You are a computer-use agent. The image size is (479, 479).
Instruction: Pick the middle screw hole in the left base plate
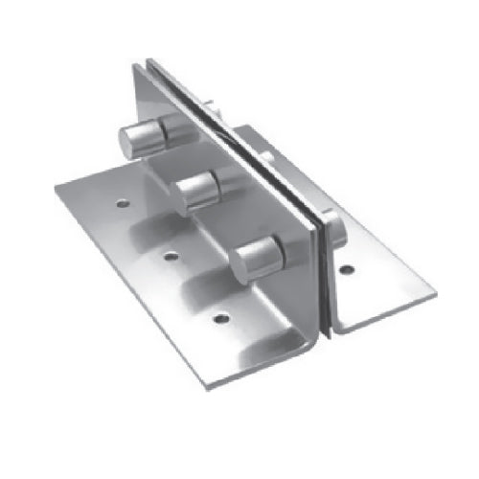pos(170,254)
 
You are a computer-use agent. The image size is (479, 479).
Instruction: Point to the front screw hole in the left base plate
pos(222,315)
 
